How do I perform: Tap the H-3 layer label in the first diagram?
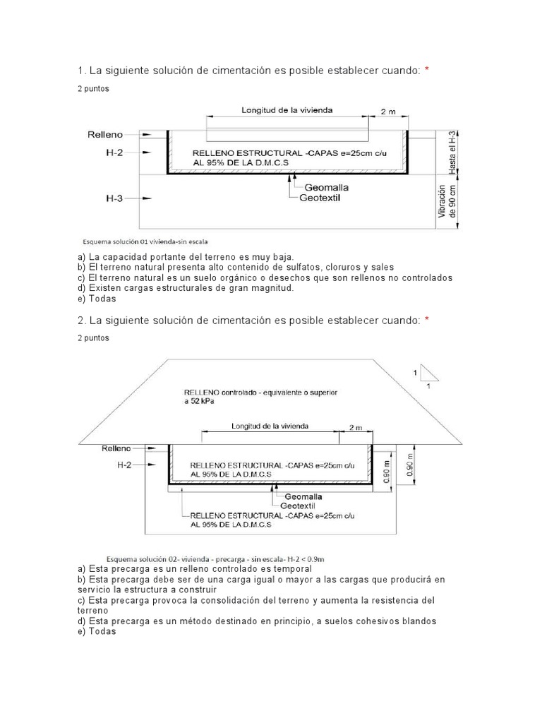point(114,199)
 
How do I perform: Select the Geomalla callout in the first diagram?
point(327,188)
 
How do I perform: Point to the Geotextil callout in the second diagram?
point(297,506)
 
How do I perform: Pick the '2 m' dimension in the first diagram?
point(387,112)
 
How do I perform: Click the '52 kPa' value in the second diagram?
point(201,400)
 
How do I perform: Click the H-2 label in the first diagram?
point(114,152)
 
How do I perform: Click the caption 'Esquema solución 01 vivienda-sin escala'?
point(145,241)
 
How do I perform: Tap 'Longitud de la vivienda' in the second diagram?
point(270,426)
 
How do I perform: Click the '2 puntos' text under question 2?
point(93,338)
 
